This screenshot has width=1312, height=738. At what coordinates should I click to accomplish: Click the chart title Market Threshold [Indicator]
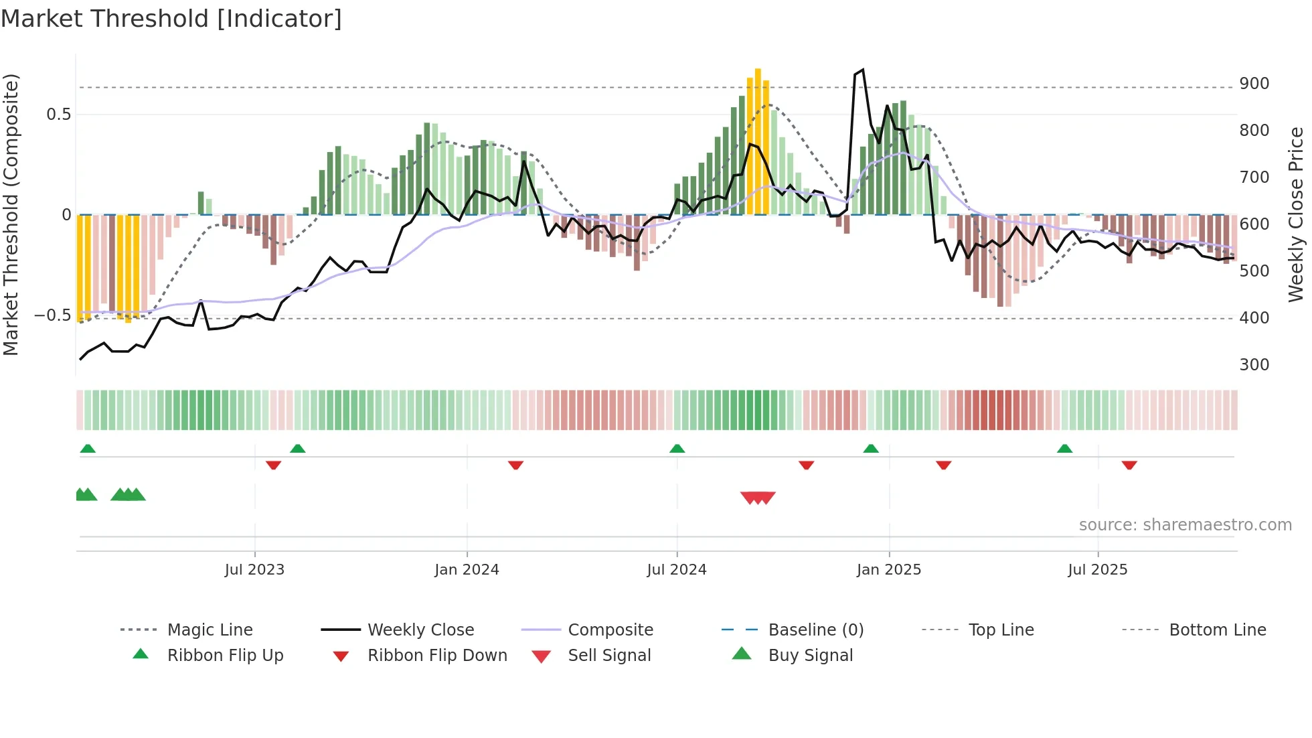171,19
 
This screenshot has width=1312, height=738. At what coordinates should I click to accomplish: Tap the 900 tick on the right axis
1254,84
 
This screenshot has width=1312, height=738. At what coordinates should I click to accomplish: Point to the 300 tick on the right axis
1254,365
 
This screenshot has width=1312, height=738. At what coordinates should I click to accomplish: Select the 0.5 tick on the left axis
58,115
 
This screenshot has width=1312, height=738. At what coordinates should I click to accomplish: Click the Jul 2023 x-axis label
254,570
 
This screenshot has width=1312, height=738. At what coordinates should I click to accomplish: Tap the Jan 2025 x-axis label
888,570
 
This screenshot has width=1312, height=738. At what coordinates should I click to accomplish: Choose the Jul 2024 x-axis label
676,570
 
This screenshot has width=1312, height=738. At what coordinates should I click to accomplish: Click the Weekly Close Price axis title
1296,214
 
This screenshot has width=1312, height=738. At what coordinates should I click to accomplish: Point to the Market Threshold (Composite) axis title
11,214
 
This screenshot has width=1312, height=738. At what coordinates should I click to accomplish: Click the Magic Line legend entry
210,630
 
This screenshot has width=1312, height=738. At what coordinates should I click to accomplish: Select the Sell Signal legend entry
608,656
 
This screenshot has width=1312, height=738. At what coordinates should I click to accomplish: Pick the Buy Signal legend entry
810,656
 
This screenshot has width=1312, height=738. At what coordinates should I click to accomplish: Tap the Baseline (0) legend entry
815,630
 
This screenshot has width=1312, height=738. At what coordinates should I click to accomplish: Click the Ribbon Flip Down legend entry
436,656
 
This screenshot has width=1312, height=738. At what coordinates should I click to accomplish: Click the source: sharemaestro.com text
1185,525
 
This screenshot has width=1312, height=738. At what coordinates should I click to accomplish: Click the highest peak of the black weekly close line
863,70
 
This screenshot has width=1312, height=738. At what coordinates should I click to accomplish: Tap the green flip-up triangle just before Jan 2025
870,449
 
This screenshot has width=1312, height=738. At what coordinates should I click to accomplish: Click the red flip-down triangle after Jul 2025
1129,465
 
